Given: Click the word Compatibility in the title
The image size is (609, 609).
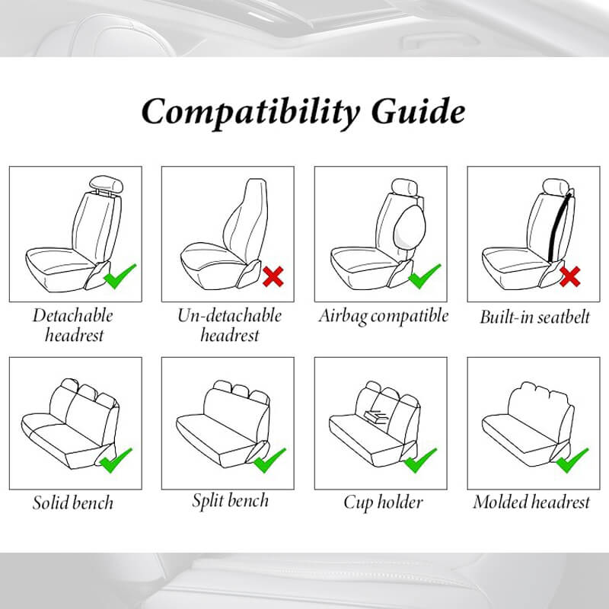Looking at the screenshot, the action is tap(250, 112).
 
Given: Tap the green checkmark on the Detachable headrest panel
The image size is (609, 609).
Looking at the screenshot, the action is tap(120, 276).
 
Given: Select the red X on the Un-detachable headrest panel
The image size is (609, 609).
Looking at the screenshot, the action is tap(273, 276).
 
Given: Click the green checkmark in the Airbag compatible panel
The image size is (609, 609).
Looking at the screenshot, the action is tap(425, 276).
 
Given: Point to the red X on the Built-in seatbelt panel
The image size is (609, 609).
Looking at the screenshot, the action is tap(569, 276).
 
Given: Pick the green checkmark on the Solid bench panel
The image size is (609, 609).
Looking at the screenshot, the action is tap(116, 461).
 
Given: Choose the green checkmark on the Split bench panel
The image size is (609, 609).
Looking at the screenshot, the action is tap(269, 461).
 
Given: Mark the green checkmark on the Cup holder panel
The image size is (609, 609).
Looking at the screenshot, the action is tap(420, 461).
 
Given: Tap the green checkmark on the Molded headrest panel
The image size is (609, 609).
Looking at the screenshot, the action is tap(572, 461).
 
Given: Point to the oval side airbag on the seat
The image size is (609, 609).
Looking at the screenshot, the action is tap(410, 228).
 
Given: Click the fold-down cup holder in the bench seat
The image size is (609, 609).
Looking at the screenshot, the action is tap(375, 416).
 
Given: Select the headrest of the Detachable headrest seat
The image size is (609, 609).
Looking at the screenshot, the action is tap(106, 184).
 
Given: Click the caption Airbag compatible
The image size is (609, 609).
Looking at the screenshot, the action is tap(384, 316).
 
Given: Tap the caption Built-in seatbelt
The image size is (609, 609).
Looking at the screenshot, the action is tap(534, 317).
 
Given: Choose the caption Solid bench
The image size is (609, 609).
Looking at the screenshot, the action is tap(73, 502).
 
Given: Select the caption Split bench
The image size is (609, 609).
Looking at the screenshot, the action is tap(231, 501).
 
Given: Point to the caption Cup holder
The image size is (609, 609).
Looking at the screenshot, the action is tap(383, 502).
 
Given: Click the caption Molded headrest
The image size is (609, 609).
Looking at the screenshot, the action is tap(531, 502).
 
